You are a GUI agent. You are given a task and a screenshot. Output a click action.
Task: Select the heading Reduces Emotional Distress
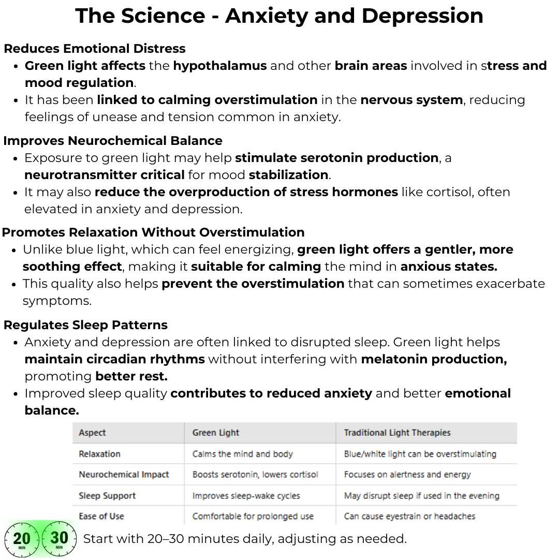pos(95,49)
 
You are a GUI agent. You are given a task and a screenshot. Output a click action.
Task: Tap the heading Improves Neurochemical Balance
pos(113,141)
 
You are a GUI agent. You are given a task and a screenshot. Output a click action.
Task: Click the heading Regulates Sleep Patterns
pos(86,325)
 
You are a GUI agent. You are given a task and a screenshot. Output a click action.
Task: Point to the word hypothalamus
pos(220,66)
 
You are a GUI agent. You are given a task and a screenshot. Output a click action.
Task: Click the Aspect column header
pos(92,433)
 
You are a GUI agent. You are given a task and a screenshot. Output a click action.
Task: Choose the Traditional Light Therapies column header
pos(397,433)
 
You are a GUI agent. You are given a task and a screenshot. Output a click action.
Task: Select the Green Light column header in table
pos(216,433)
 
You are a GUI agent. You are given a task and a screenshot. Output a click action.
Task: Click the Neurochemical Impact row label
pos(124,475)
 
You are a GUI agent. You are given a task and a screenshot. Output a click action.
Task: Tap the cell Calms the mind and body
pos(242,454)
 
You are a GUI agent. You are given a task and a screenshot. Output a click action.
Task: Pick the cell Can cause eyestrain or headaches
pos(409,516)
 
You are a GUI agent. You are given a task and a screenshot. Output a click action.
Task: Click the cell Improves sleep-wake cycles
pos(246,495)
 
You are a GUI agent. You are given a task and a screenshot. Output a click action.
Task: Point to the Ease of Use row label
pos(101,516)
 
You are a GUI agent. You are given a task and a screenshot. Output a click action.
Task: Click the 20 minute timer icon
pos(22,539)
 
